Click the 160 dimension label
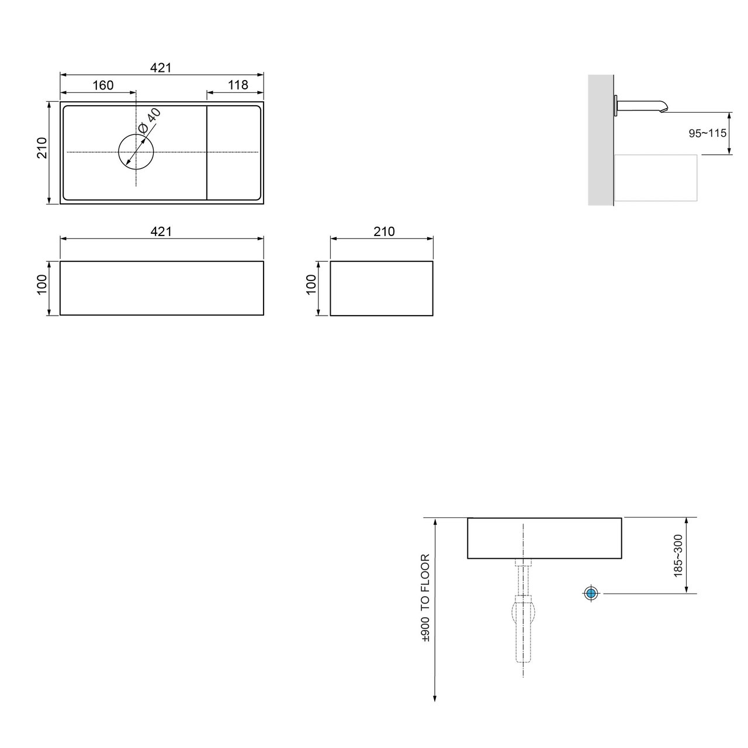tap(102, 85)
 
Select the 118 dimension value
tap(238, 85)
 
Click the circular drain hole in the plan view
tap(136, 152)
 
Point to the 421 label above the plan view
tap(161, 68)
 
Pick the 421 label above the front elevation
tap(161, 232)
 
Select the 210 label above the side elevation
tap(384, 232)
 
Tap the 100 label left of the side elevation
tap(311, 285)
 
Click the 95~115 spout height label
tap(707, 133)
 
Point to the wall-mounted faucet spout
tap(643, 106)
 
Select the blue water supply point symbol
tap(591, 594)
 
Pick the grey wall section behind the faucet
tap(600, 140)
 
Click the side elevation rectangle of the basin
tap(381, 288)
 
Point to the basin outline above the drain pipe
tap(544, 538)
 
